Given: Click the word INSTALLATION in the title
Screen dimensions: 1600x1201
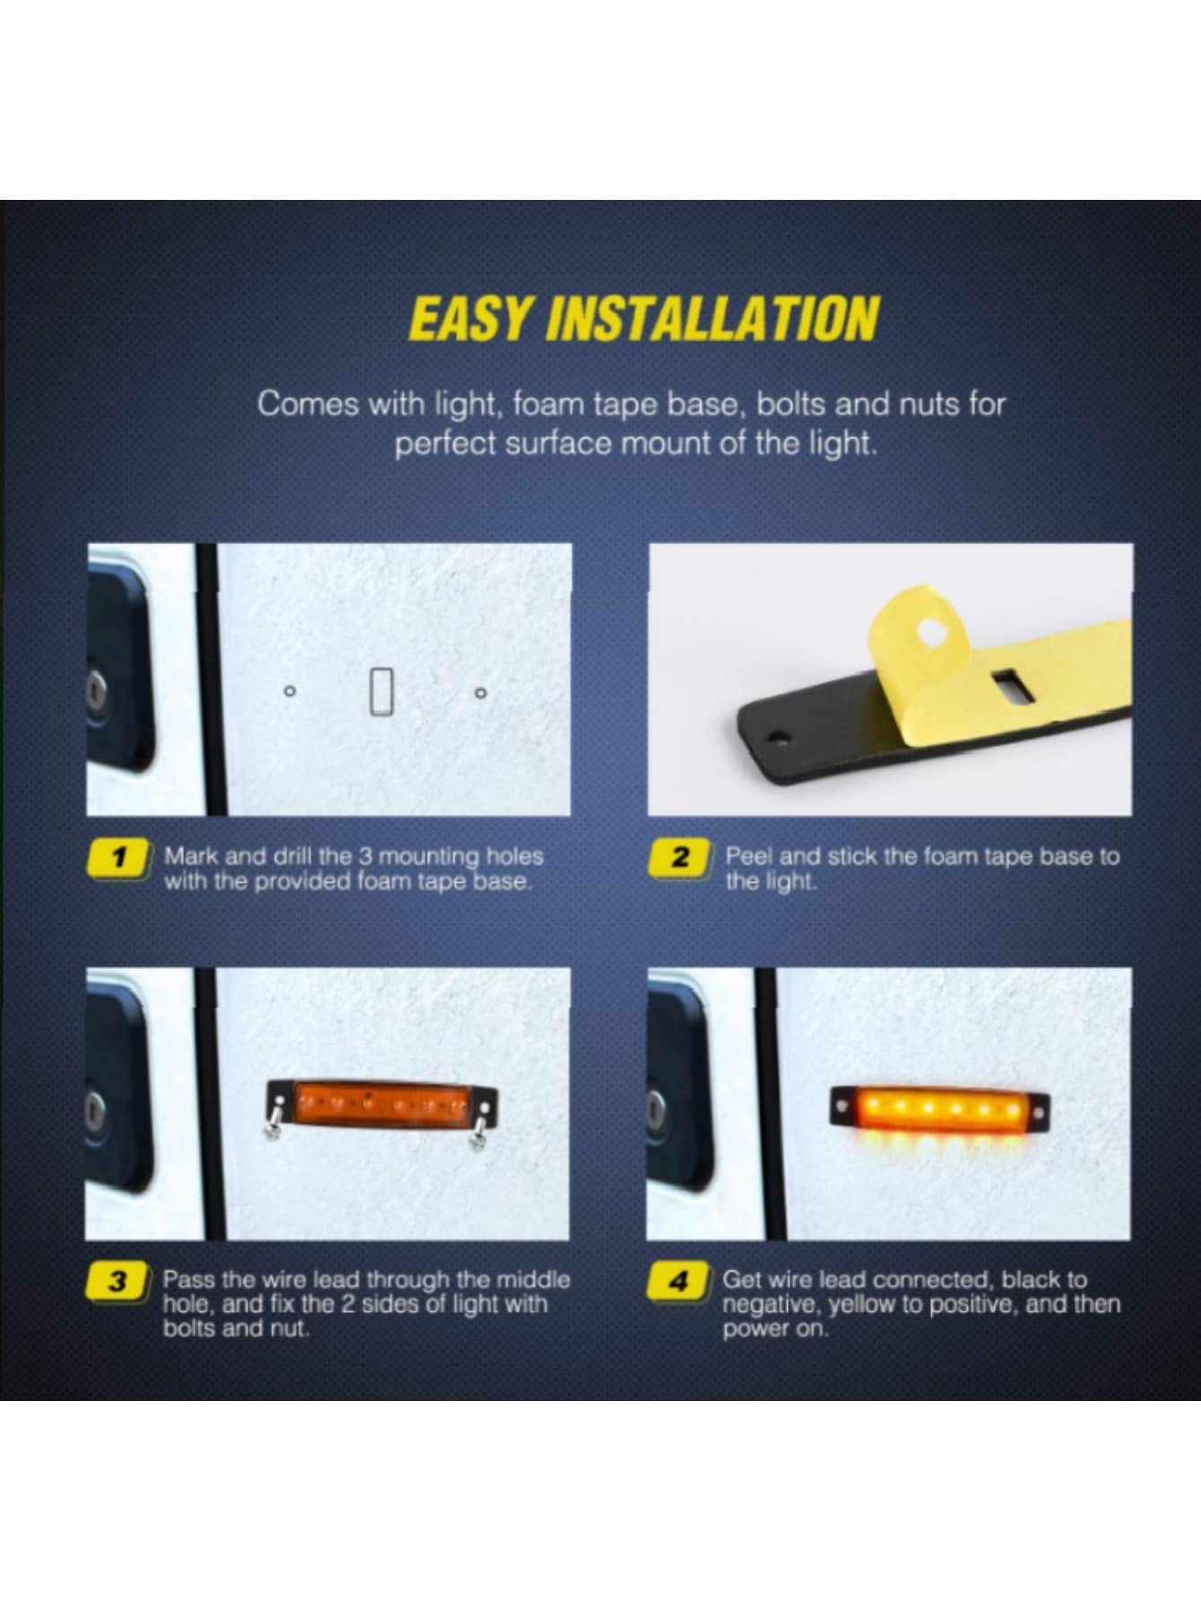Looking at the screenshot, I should coord(713,318).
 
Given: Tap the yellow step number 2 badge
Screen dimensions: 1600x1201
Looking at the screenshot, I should coord(680,858).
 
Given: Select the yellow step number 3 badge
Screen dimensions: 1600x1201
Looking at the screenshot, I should coord(117,1282).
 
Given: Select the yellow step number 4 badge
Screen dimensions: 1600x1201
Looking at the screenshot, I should coord(678,1282).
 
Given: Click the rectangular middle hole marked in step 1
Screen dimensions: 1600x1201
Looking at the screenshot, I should coord(382,692).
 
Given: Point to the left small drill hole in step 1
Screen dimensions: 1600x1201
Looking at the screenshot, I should coord(289,691).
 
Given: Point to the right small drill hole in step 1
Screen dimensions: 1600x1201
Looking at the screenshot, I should coord(480,692).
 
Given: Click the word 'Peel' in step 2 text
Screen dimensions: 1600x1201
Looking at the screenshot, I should coord(749,857).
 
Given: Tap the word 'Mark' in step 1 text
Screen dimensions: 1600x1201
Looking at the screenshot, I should coord(190,856).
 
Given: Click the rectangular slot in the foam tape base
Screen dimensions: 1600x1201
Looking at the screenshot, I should coord(1007,686).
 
